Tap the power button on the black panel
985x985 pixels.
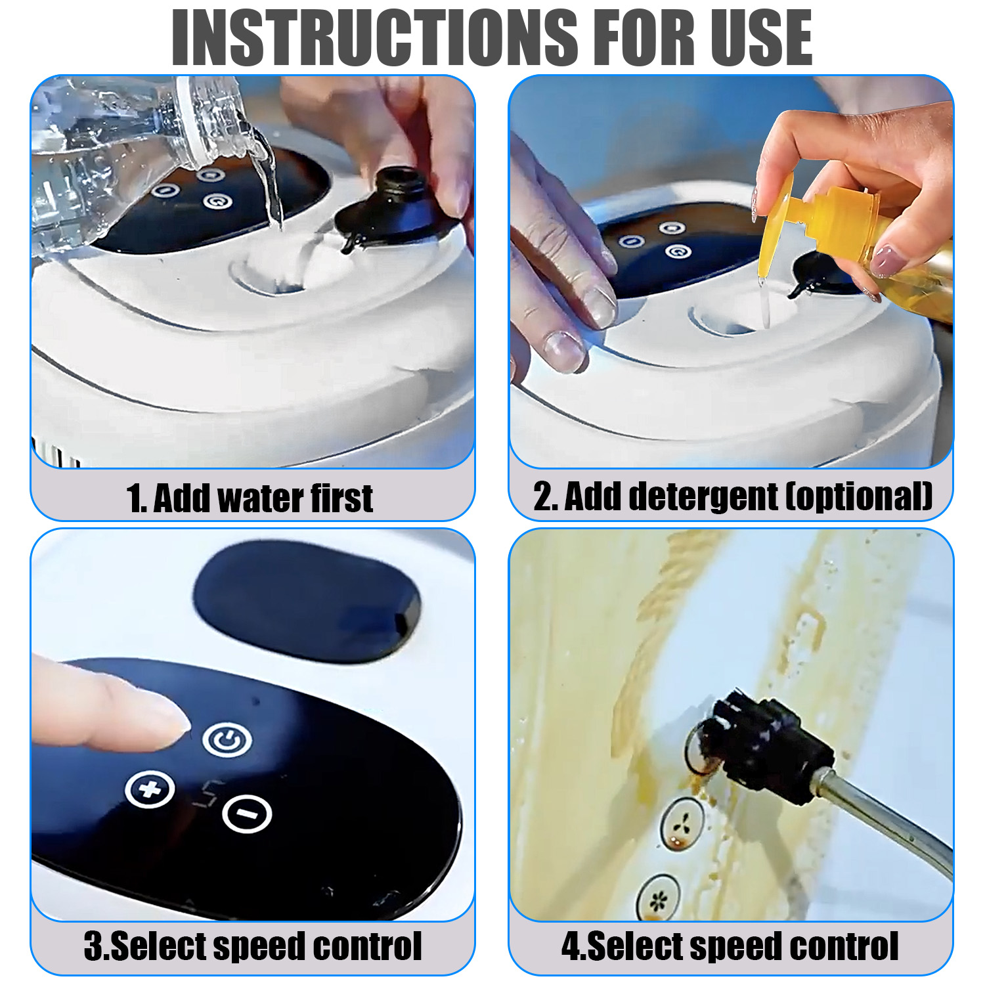pos(227,740)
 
